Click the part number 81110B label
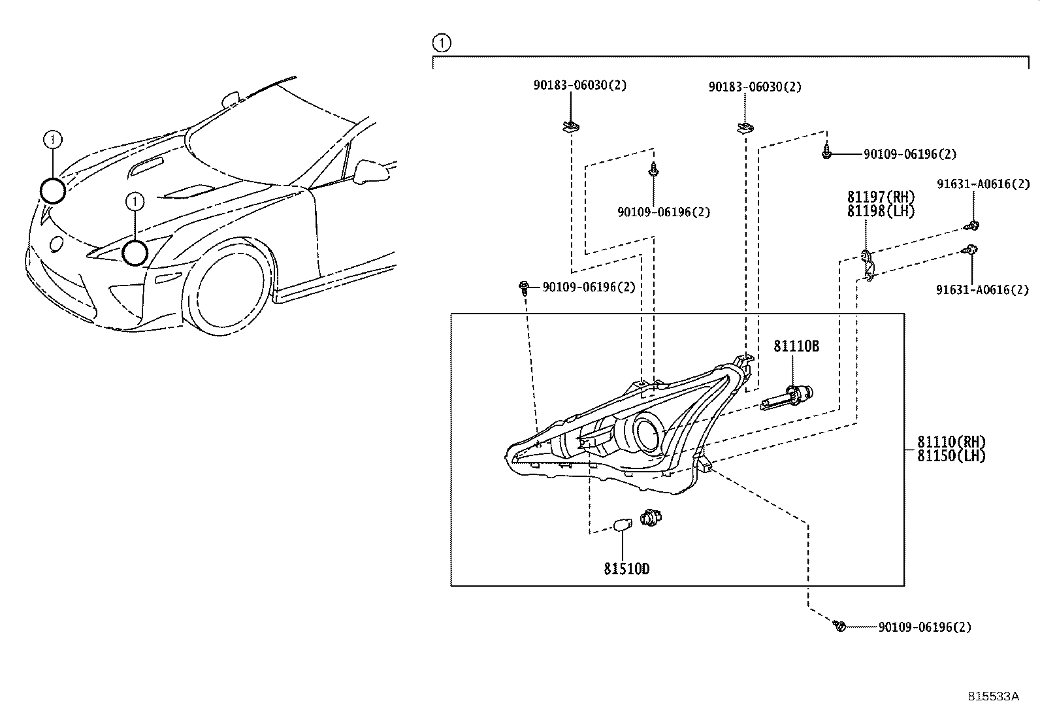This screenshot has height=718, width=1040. (796, 346)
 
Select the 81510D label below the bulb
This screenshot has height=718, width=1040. (626, 569)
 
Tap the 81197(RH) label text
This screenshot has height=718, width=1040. (881, 197)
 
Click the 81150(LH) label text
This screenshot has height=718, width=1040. (951, 457)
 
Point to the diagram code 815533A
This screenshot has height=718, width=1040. (993, 696)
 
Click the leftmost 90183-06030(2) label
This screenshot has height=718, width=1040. (570, 85)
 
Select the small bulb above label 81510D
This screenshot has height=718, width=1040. (623, 524)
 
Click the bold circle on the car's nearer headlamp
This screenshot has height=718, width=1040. (135, 253)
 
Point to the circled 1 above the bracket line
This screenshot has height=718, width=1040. (442, 43)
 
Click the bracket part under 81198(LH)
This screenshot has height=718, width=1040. (866, 264)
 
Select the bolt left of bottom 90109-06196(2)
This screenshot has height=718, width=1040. (839, 626)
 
